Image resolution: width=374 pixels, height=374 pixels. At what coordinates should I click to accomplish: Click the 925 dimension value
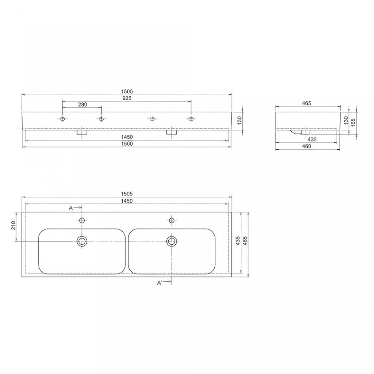point(127,98)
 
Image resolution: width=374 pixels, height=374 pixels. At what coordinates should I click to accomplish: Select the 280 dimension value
point(83,104)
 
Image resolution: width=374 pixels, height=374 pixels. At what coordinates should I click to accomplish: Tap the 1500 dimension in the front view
point(127,144)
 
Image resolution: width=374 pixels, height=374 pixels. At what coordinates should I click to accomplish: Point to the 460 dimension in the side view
point(307,146)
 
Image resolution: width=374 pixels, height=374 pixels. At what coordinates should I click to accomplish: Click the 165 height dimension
point(353,122)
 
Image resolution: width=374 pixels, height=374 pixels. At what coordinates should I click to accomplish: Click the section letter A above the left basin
point(71,208)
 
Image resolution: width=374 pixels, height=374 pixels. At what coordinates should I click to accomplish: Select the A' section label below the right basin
point(160,283)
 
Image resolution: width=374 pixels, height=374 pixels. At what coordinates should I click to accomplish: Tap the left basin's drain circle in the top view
point(82,241)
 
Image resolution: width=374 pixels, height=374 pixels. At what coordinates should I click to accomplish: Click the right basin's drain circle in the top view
point(171,241)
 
